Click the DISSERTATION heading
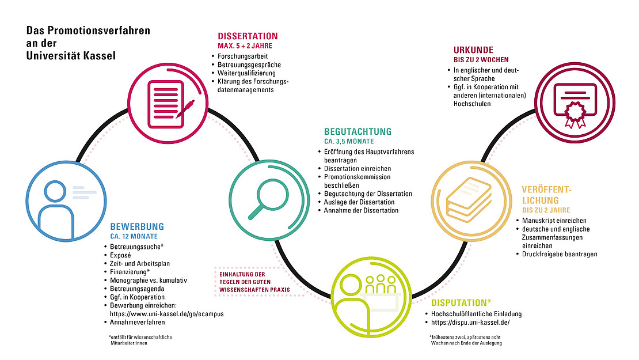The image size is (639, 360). click(x=248, y=36)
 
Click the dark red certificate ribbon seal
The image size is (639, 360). click(x=575, y=114)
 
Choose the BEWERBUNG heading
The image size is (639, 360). click(x=137, y=227)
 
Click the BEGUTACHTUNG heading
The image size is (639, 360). click(x=358, y=132)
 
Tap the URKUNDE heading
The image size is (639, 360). click(x=474, y=50)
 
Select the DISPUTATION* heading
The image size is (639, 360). click(x=461, y=303)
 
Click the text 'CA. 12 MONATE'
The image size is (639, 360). click(x=134, y=237)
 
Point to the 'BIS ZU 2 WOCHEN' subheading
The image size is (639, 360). click(x=481, y=60)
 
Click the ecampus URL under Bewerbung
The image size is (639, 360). click(x=167, y=314)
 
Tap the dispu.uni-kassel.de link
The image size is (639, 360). click(x=470, y=323)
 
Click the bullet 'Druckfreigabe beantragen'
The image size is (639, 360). click(x=560, y=254)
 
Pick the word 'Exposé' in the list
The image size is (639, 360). click(x=120, y=255)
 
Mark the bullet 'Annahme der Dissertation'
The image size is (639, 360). click(x=361, y=210)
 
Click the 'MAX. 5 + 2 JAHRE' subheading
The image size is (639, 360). click(x=245, y=46)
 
